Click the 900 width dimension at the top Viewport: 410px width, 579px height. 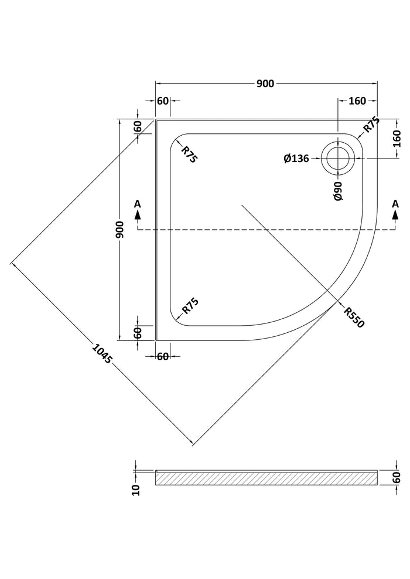click(x=265, y=84)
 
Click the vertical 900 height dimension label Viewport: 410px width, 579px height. click(x=119, y=230)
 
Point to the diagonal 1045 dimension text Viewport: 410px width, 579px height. click(x=101, y=354)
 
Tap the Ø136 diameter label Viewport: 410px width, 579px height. click(x=296, y=158)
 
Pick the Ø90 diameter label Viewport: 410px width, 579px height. click(x=338, y=191)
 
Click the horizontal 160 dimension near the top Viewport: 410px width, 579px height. click(x=357, y=101)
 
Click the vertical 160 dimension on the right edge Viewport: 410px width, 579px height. click(x=397, y=139)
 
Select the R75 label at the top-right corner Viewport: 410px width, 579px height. click(x=371, y=125)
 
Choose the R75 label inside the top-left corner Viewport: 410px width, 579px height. click(x=190, y=154)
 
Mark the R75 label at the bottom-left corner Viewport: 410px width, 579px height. click(x=190, y=306)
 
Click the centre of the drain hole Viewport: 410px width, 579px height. click(x=338, y=158)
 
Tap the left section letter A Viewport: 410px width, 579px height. click(x=138, y=204)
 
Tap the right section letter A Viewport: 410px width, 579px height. click(x=395, y=204)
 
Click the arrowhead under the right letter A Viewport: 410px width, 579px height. click(x=395, y=215)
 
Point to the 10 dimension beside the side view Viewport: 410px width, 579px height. click(x=136, y=490)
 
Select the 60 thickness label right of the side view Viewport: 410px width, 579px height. click(x=397, y=478)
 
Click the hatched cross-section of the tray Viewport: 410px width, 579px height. click(x=266, y=478)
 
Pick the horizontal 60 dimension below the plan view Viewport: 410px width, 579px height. click(x=163, y=356)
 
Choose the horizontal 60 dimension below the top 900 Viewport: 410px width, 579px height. click(x=163, y=101)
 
